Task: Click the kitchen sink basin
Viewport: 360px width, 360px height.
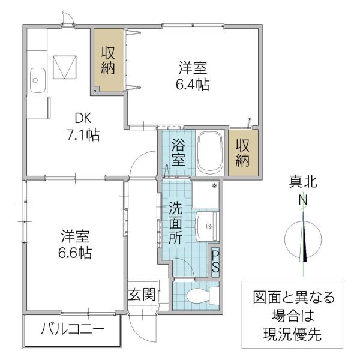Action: [x=37, y=80]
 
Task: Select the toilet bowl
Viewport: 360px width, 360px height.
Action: [x=198, y=296]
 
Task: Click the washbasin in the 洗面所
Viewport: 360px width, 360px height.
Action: [x=206, y=227]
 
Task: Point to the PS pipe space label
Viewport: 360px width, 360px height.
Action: [x=215, y=262]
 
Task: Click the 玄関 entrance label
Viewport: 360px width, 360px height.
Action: [x=142, y=295]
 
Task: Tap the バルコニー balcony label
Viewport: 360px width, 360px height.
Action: [x=73, y=329]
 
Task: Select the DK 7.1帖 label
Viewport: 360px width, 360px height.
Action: [x=83, y=127]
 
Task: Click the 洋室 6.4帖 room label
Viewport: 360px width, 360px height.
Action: [x=193, y=76]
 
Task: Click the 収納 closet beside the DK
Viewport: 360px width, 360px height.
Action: [x=108, y=61]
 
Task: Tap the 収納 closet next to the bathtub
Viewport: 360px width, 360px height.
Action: [x=242, y=152]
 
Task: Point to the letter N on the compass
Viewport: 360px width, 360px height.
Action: [x=303, y=200]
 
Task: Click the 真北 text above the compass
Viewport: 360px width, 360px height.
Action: [x=303, y=182]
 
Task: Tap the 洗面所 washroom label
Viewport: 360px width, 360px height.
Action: [x=176, y=223]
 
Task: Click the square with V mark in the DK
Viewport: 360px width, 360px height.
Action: [x=65, y=67]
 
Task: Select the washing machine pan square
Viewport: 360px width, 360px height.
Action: [x=205, y=194]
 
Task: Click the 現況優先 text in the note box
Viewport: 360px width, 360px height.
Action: [x=292, y=334]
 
